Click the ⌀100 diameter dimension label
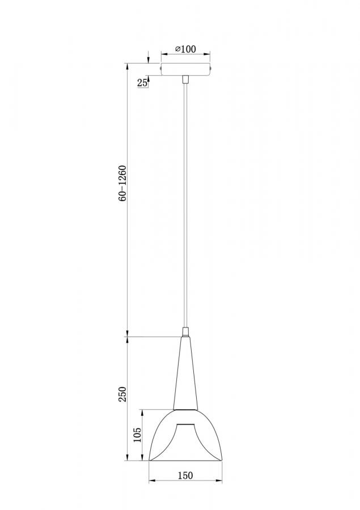tap(185, 49)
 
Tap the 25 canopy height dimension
tap(142, 83)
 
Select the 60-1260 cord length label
tap(122, 184)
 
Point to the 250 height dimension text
tap(122, 394)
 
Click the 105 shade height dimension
tap(137, 435)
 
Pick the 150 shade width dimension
tap(185, 475)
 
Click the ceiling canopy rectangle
tap(186, 69)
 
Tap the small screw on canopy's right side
tap(211, 69)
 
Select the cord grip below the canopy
tap(185, 80)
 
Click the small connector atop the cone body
tap(185, 332)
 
